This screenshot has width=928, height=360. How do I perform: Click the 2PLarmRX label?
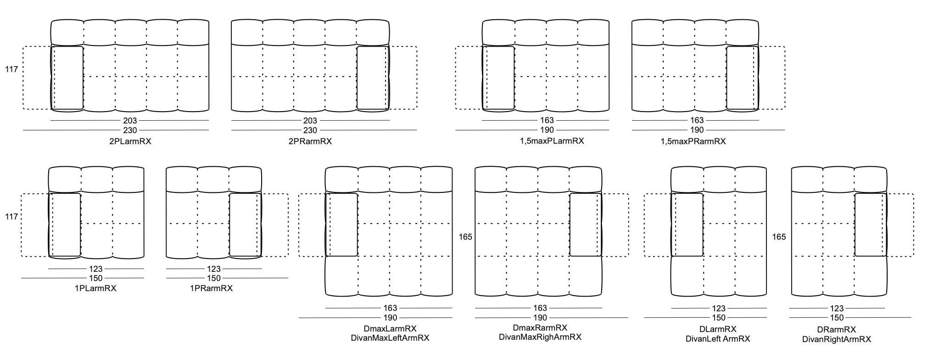[x=130, y=141]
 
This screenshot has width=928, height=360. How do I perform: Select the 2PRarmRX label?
[x=310, y=141]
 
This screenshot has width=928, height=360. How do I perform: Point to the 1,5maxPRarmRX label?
[x=693, y=141]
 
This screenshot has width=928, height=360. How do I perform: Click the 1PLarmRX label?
[x=96, y=288]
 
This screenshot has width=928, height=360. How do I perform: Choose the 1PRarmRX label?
[x=211, y=288]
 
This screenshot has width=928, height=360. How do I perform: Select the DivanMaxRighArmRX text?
[x=540, y=337]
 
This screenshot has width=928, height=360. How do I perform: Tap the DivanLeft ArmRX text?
[x=718, y=339]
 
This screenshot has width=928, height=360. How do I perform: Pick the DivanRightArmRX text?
[x=836, y=339]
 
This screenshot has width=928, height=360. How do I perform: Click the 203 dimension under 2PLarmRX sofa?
[x=130, y=121]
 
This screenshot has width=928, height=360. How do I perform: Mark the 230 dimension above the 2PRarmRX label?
[x=310, y=130]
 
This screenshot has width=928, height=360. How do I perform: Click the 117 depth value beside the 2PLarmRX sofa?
[x=11, y=69]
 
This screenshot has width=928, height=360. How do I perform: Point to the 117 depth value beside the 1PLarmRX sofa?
[x=11, y=216]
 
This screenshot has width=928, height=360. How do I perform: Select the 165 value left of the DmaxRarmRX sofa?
[x=465, y=237]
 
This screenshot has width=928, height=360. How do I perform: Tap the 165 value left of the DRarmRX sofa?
[x=779, y=237]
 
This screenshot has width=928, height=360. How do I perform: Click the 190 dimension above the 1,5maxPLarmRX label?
[x=547, y=130]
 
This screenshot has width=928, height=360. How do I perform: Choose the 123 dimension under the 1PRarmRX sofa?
[x=214, y=269]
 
